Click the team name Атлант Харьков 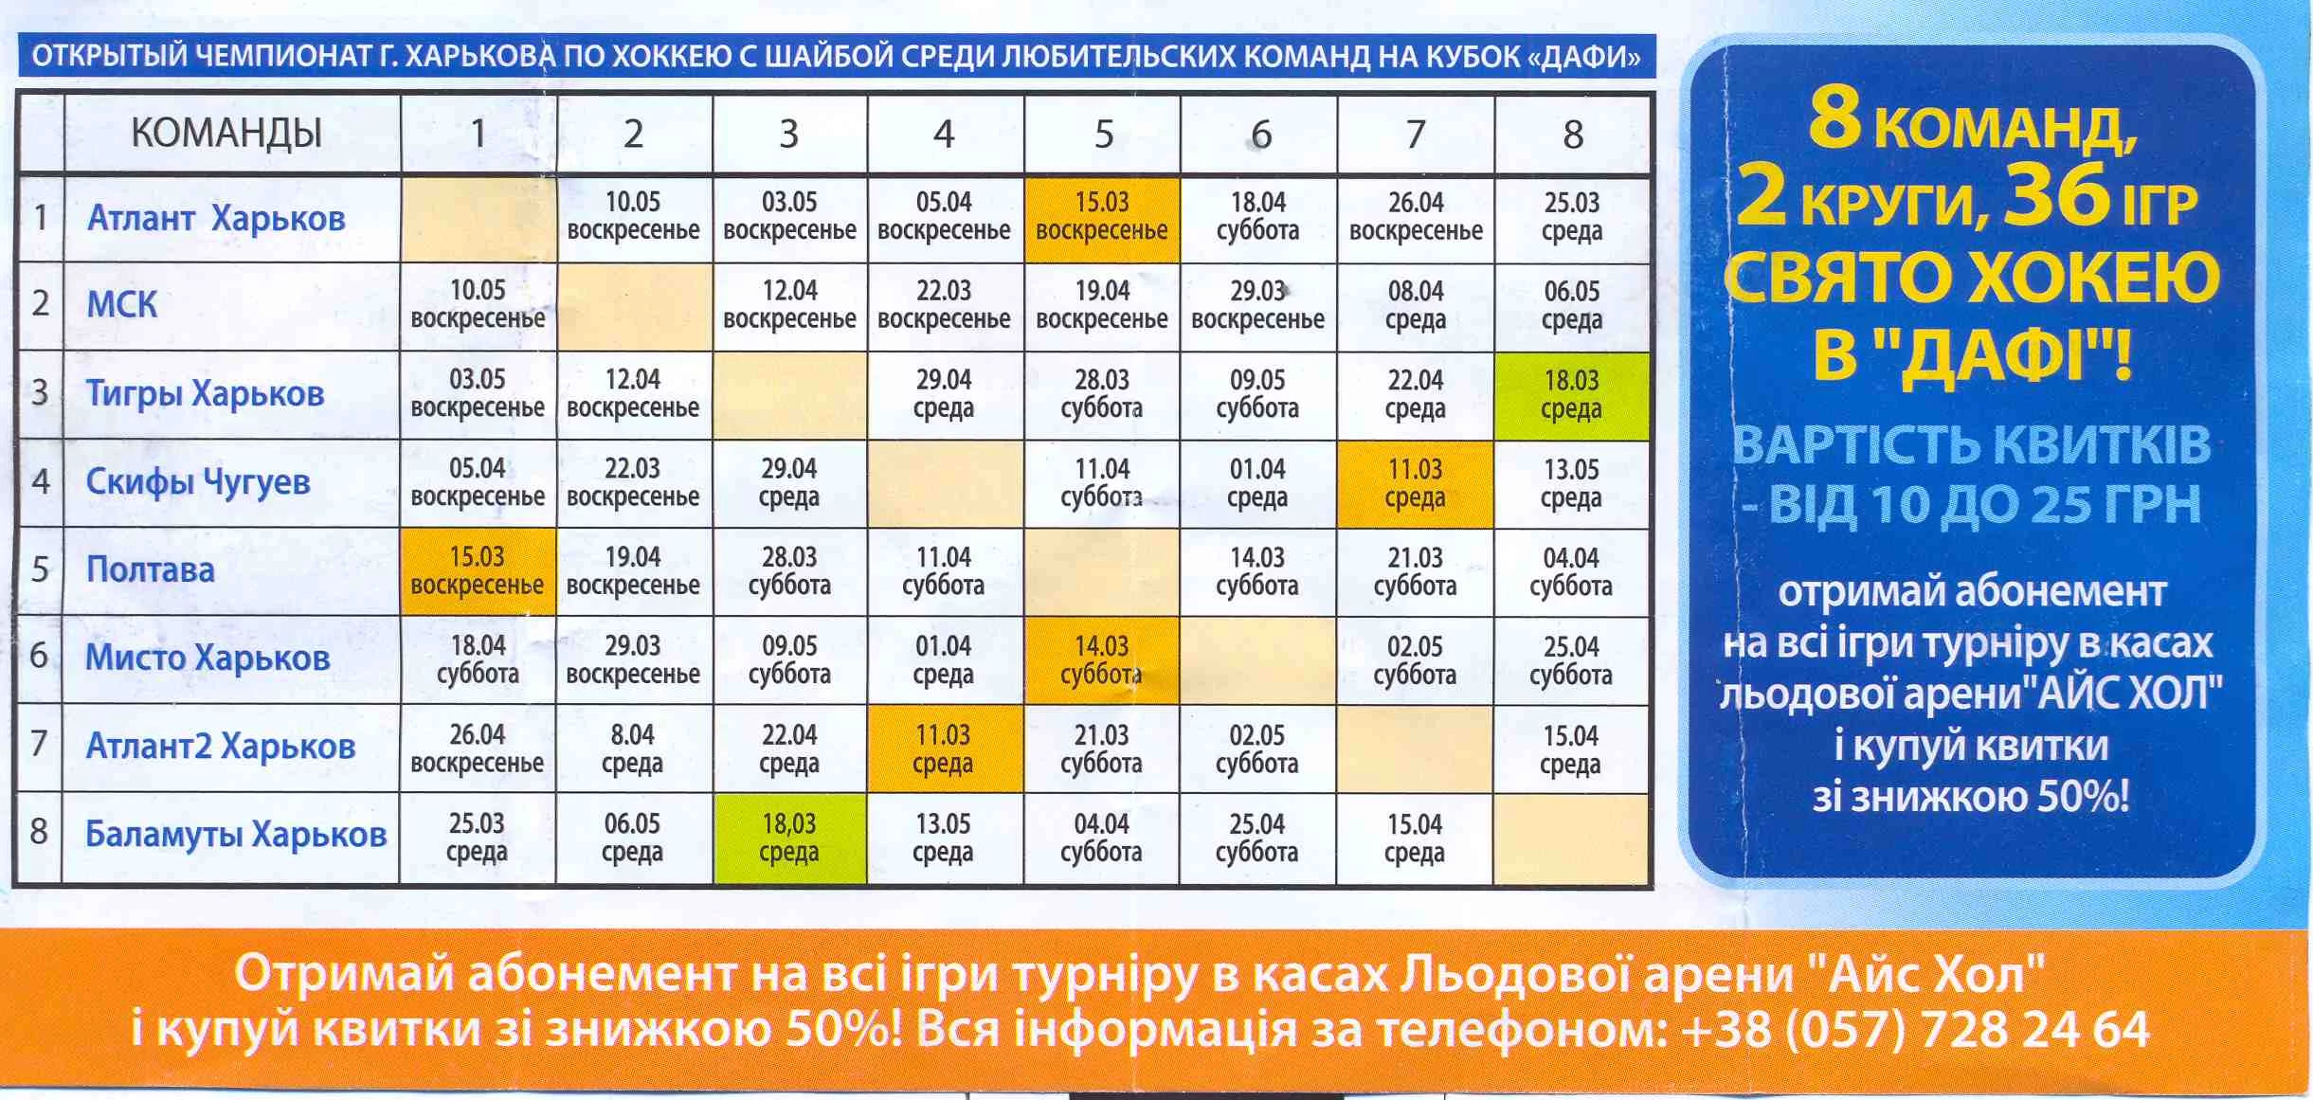[216, 219]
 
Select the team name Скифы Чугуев [198, 482]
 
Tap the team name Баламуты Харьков [236, 835]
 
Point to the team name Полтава [151, 569]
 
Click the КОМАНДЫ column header [226, 133]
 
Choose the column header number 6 [1260, 135]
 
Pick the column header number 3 [788, 135]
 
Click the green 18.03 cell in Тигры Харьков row [1572, 395]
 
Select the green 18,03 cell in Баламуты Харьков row [789, 839]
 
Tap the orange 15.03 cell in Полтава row [478, 571]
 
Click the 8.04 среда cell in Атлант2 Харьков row [633, 748]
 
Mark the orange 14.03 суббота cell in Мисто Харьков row [1102, 660]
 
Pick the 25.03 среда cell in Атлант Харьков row [1572, 217]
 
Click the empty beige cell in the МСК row [635, 306]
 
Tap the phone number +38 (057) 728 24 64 [1914, 1030]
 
